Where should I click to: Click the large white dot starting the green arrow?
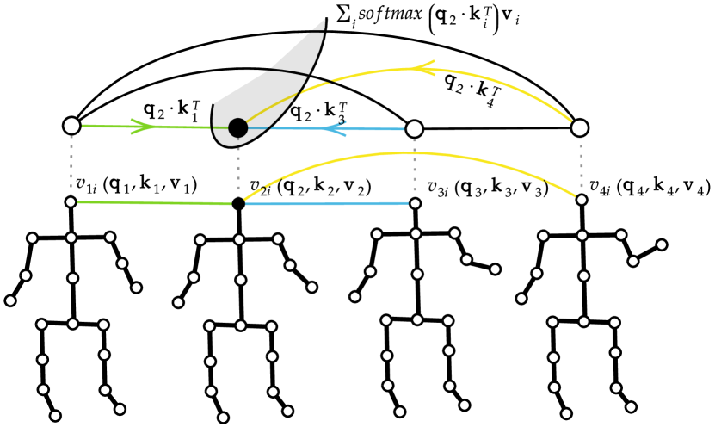(71, 126)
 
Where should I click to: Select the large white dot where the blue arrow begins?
(414, 129)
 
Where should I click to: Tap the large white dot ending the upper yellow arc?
(580, 128)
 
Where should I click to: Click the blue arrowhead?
(333, 128)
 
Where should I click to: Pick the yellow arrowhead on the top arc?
(422, 68)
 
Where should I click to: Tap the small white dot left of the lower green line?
(71, 202)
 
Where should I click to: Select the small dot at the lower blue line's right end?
(415, 203)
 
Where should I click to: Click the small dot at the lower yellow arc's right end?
(582, 200)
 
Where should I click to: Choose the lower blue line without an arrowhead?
(327, 203)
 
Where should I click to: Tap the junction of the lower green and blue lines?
(238, 204)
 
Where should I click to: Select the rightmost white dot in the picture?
(662, 244)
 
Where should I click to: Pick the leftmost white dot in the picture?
(10, 300)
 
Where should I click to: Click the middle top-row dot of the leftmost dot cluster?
(71, 238)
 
